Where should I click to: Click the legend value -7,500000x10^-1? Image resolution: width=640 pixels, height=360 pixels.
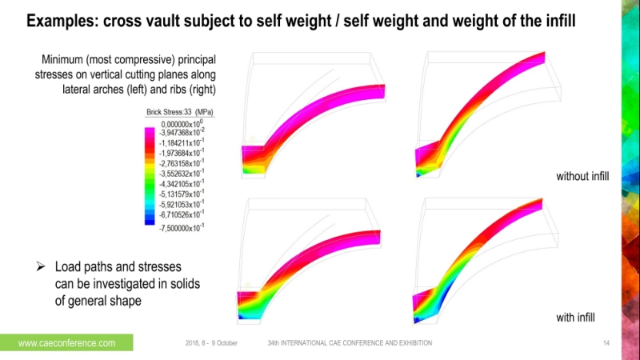(x=182, y=228)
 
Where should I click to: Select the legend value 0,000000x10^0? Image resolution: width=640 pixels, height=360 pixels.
(x=184, y=124)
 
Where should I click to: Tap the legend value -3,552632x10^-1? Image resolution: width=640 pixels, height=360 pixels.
(x=182, y=173)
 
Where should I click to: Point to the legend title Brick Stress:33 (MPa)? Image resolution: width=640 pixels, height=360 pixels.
(x=183, y=112)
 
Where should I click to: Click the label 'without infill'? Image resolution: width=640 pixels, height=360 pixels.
(x=583, y=175)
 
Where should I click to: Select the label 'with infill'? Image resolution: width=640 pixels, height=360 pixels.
(x=576, y=318)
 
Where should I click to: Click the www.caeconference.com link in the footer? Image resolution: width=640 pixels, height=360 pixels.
(x=66, y=343)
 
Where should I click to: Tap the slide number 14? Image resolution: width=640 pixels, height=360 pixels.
(x=606, y=343)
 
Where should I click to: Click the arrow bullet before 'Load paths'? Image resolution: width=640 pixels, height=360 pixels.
(x=41, y=266)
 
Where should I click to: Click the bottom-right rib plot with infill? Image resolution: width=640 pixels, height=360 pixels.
(x=480, y=256)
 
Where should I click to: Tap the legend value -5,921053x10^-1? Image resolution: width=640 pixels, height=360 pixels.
(x=182, y=203)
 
